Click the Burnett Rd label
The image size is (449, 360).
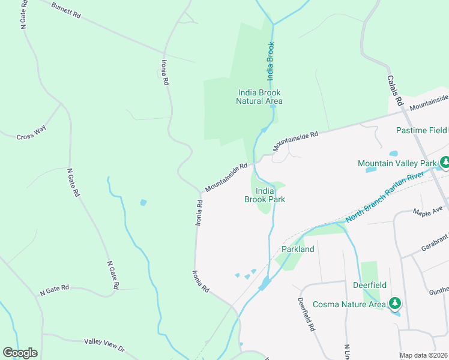(65, 10)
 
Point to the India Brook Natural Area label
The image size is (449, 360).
(259, 97)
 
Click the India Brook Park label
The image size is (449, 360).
(264, 195)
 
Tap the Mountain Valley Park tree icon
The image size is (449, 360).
(445, 163)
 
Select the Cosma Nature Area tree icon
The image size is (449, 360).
(395, 302)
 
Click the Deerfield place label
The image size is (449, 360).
(370, 286)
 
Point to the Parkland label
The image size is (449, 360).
(298, 249)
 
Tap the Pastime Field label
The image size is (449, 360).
(422, 130)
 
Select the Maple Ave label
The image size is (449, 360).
(427, 210)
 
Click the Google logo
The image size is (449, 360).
(20, 353)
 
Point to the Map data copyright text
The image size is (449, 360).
(424, 355)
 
